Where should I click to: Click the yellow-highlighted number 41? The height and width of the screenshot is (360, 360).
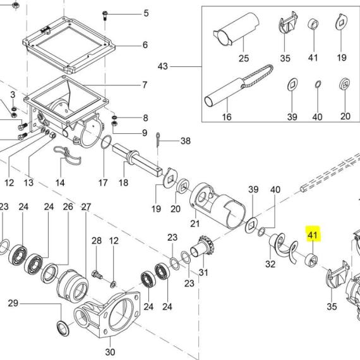click(313, 235)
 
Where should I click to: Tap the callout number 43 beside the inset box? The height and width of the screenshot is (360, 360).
click(163, 66)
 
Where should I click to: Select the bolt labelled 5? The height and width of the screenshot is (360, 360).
click(105, 15)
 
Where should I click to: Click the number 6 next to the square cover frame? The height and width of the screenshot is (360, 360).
click(145, 45)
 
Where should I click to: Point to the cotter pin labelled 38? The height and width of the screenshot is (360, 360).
click(158, 140)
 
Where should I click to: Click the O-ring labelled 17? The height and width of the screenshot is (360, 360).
click(106, 142)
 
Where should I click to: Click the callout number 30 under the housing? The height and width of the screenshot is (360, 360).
click(110, 352)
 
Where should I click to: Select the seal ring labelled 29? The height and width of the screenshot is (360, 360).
click(63, 329)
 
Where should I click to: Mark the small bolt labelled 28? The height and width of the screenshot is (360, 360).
click(97, 274)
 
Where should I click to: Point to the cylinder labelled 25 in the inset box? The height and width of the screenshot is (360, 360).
click(236, 29)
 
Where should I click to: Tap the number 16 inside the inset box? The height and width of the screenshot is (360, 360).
click(227, 117)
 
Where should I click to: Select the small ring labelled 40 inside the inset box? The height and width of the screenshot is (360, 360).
click(318, 84)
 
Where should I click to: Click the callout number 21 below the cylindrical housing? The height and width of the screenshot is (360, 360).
click(195, 224)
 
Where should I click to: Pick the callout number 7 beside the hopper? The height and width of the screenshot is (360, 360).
click(145, 85)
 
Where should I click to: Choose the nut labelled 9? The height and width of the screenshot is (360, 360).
click(114, 124)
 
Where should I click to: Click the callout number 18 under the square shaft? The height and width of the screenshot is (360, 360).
click(123, 183)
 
